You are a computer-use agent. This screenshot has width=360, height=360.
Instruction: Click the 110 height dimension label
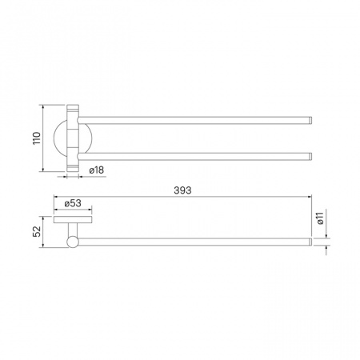37,138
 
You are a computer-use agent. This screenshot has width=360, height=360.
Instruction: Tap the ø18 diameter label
97,170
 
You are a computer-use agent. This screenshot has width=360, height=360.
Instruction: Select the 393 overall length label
182,190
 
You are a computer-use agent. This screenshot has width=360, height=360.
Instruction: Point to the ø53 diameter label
73,203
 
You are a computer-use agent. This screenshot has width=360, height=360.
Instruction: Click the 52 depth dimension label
37,231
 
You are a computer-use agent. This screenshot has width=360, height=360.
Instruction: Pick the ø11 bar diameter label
320,218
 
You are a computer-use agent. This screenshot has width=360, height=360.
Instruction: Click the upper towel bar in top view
195,120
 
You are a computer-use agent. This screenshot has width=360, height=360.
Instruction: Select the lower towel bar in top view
195,157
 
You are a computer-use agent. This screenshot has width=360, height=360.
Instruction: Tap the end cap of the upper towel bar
310,120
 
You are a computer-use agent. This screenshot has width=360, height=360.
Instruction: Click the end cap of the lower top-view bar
310,157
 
